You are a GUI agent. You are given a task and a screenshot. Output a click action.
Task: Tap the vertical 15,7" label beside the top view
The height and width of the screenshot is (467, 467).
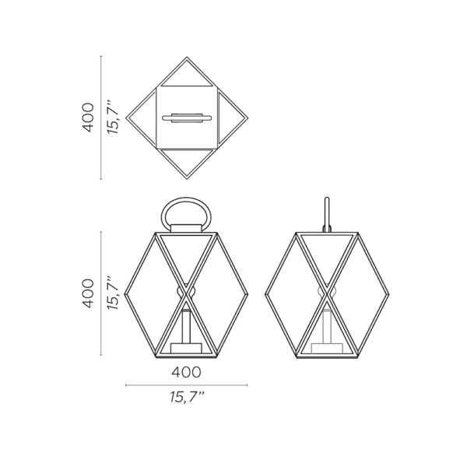click(114, 117)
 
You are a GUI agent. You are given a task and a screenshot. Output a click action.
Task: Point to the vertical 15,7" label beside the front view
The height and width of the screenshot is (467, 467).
click(114, 294)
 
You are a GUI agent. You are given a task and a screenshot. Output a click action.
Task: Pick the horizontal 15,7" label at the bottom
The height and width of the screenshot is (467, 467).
click(186, 398)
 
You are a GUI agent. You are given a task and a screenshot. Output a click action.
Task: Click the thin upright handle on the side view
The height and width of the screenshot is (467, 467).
click(328, 212)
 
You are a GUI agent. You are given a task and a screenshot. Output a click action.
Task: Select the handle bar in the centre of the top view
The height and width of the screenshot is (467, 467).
click(186, 118)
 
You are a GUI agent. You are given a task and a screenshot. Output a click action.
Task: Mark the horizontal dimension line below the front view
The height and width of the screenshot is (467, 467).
click(186, 384)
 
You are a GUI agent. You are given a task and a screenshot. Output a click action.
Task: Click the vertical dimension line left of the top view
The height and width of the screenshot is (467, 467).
click(101, 117)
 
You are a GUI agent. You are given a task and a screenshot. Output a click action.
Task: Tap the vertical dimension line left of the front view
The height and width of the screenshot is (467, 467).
click(101, 294)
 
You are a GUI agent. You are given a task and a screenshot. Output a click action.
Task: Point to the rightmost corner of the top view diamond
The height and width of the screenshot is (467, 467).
click(248, 117)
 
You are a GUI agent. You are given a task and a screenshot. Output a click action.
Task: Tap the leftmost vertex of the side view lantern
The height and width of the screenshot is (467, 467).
click(265, 293)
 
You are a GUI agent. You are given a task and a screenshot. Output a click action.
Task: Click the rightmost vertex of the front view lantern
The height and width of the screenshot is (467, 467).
click(247, 293)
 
